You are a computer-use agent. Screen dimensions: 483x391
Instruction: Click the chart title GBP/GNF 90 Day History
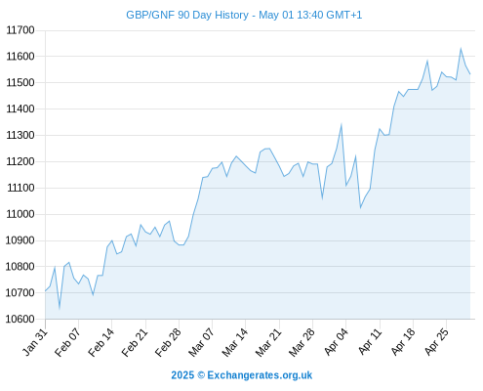click(187, 15)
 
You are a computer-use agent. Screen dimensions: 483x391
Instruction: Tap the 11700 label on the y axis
click(20, 30)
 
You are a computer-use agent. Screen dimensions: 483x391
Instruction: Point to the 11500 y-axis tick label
click(20, 83)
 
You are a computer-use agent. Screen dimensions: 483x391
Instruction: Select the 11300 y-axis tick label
click(20, 135)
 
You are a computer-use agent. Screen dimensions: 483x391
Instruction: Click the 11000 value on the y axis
click(20, 214)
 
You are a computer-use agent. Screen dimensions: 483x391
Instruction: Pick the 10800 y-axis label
click(20, 267)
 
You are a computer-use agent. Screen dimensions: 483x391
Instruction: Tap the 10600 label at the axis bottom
click(20, 319)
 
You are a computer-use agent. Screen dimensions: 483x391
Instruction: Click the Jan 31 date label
click(35, 342)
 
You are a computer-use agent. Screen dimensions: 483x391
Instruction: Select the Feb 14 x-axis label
click(101, 342)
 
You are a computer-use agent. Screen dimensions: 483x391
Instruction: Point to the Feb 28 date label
click(168, 342)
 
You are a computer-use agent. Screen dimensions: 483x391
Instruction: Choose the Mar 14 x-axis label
click(235, 342)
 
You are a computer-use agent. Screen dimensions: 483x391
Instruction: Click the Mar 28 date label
click(302, 342)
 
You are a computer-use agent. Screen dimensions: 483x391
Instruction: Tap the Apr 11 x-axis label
click(370, 342)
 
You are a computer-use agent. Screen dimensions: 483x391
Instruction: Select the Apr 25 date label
click(436, 342)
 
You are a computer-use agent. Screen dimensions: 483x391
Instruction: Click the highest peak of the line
click(461, 49)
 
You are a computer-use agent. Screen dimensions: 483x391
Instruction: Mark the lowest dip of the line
click(60, 308)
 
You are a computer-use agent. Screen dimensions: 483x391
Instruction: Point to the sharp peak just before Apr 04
click(342, 124)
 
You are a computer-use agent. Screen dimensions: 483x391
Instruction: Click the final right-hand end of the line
click(470, 74)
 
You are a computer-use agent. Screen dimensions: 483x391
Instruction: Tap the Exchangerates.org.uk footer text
click(260, 375)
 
